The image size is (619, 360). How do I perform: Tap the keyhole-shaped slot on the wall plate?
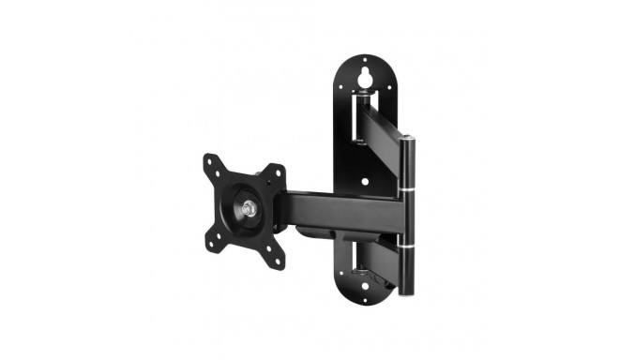tap(364, 71)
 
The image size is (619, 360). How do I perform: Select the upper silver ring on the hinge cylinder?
tap(406, 190)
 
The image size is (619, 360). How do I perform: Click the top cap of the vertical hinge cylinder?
tap(407, 140)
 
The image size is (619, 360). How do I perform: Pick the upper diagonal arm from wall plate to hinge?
tap(385, 122)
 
